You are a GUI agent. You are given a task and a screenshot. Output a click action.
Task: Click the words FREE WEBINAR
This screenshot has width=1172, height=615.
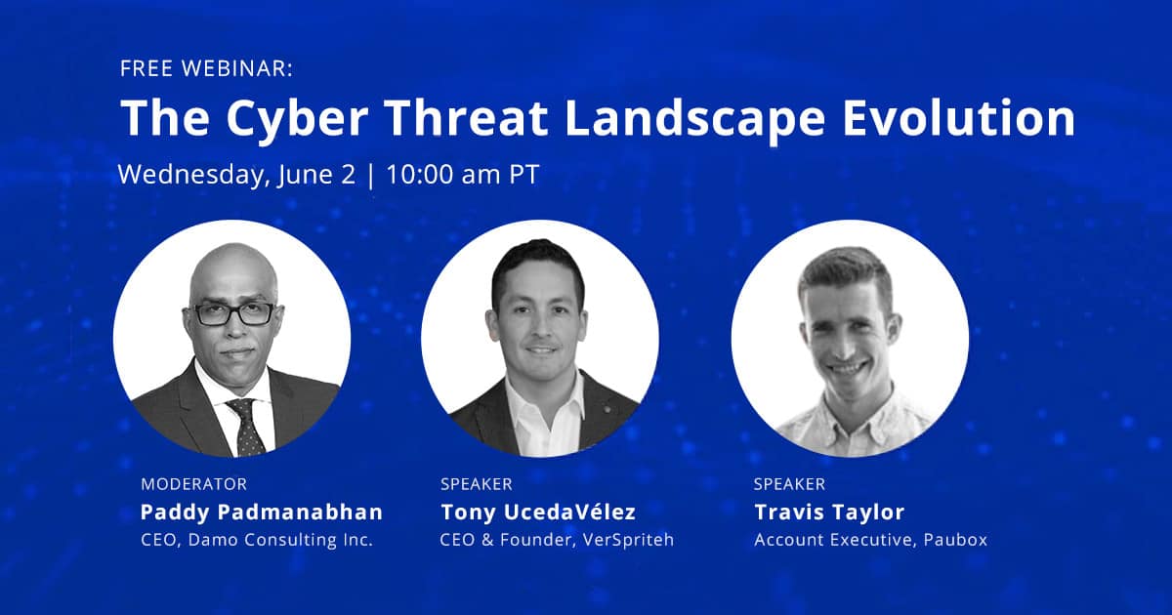(x=207, y=68)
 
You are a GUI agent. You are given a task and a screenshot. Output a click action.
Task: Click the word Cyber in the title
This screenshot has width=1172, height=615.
(x=297, y=119)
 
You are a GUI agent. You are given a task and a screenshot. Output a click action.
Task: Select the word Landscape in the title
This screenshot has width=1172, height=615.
(x=694, y=120)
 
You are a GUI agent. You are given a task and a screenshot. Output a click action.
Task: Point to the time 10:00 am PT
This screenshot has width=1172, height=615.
(x=463, y=174)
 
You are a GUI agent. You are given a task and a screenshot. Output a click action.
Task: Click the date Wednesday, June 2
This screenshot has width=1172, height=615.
(x=236, y=175)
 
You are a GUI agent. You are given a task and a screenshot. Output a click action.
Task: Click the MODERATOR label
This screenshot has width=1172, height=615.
(x=193, y=484)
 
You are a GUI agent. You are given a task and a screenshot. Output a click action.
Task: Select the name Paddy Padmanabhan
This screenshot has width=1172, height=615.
(x=262, y=512)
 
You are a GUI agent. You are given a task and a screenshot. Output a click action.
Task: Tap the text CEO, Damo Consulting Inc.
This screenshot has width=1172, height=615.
(x=257, y=540)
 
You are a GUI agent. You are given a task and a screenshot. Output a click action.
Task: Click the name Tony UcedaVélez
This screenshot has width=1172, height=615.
(x=538, y=512)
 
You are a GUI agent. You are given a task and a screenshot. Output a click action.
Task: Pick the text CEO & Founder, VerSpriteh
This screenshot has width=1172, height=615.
(x=557, y=539)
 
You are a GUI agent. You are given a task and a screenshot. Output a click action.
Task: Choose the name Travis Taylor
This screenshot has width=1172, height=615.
(x=829, y=512)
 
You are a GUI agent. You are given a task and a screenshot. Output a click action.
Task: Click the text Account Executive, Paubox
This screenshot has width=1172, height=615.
(x=870, y=540)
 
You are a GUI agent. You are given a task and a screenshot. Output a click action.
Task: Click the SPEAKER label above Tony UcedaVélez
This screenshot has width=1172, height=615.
(x=477, y=484)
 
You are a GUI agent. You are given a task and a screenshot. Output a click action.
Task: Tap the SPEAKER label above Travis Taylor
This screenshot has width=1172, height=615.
(x=789, y=484)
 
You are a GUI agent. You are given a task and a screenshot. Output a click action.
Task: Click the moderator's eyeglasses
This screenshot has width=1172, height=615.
(x=233, y=314)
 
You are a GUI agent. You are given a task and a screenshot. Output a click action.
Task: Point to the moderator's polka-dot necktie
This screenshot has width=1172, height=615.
(x=246, y=427)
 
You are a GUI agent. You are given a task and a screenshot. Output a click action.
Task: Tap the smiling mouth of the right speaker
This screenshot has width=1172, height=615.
(x=847, y=369)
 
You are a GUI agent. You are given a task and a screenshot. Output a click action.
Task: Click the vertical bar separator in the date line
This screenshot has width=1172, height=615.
(x=371, y=176)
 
